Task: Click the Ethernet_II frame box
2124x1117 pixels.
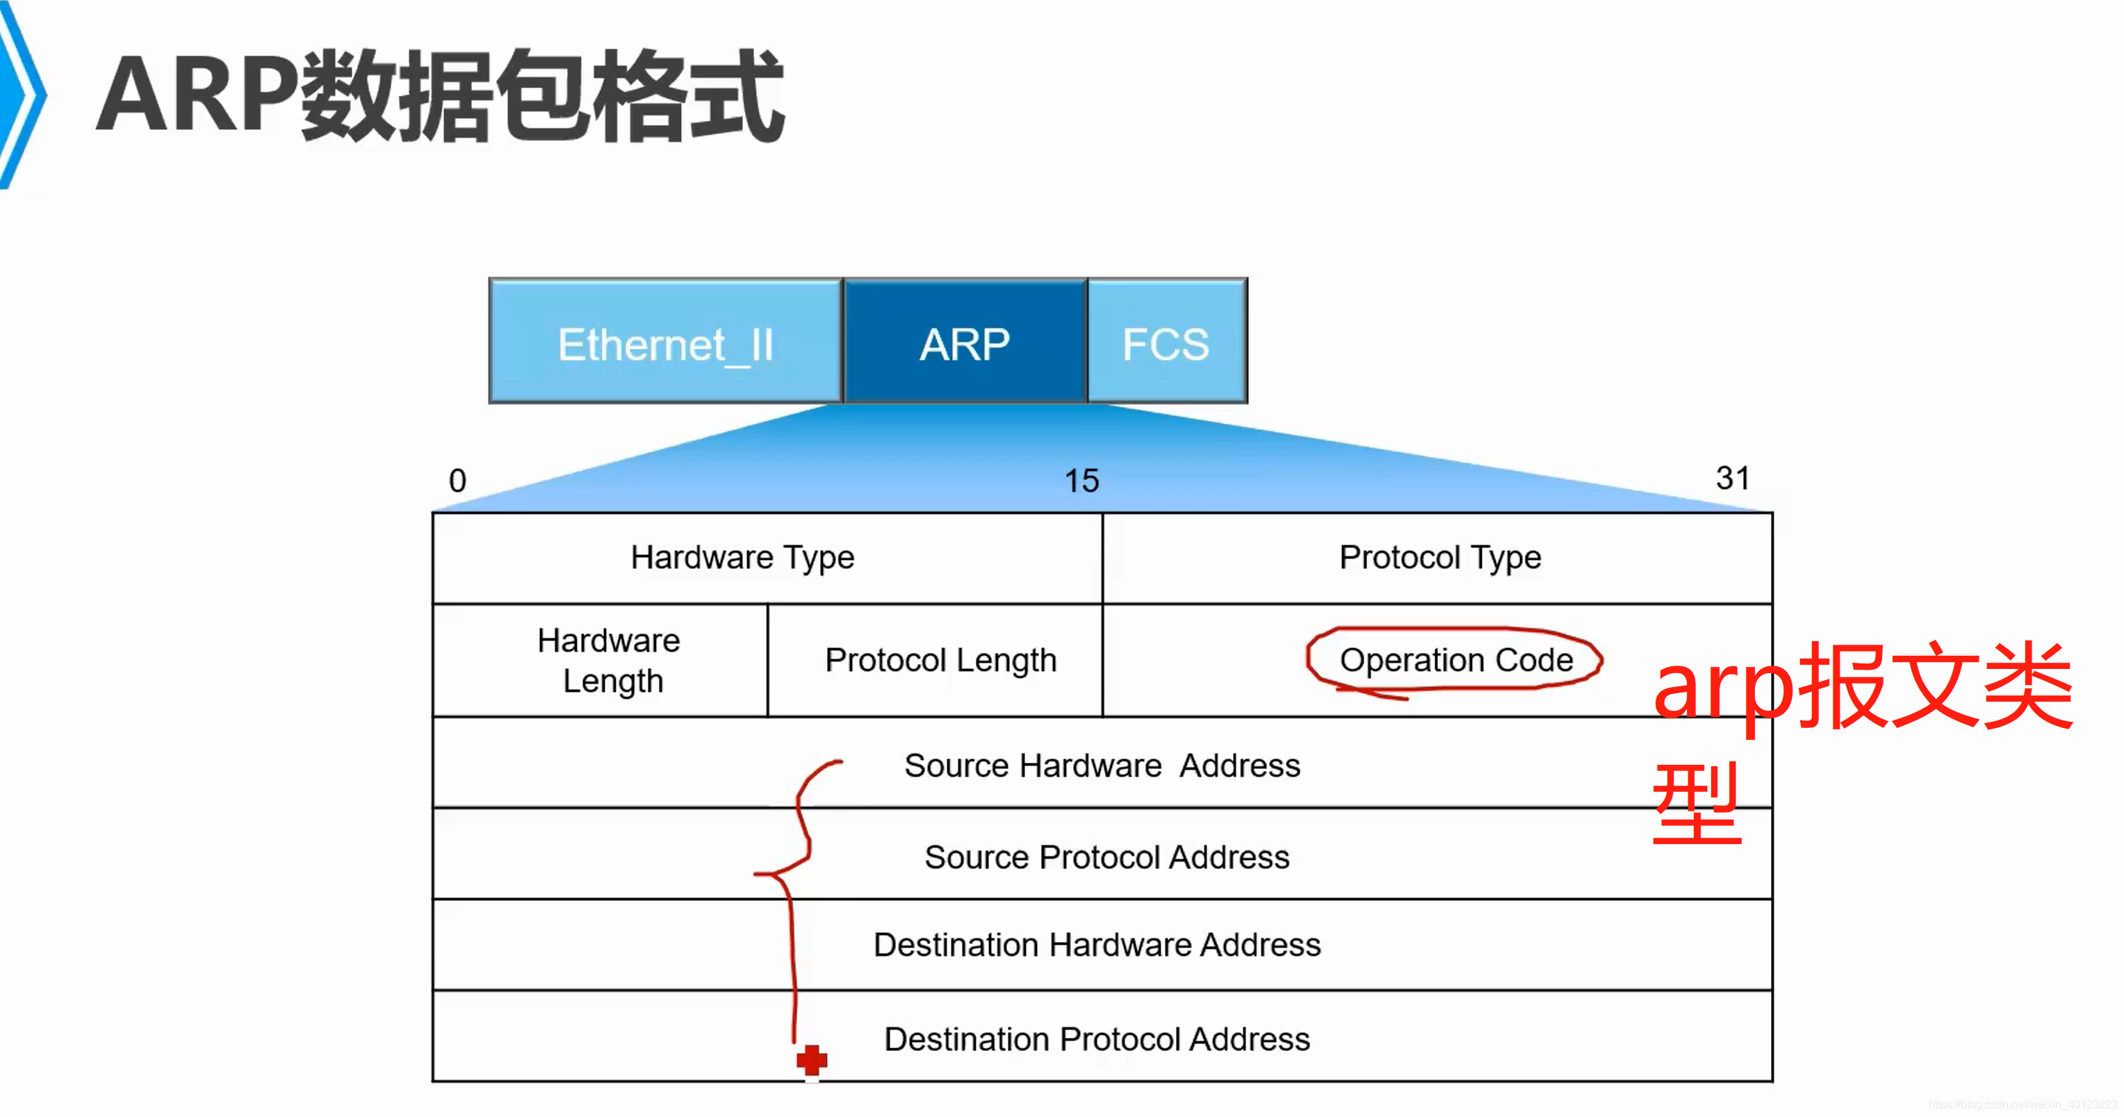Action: (x=665, y=341)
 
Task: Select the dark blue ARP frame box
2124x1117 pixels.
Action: (x=965, y=341)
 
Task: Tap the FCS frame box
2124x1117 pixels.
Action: (x=1166, y=341)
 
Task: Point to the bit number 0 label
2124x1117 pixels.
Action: (x=457, y=481)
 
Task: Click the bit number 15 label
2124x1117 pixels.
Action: (x=1081, y=481)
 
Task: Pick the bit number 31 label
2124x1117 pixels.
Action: (x=1732, y=478)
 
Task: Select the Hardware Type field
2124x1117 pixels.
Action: (x=742, y=558)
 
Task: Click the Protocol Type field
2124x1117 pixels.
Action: (x=1439, y=558)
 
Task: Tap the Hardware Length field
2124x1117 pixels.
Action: (x=609, y=661)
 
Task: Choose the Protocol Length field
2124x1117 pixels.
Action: (x=940, y=661)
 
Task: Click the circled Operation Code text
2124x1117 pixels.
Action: (x=1456, y=661)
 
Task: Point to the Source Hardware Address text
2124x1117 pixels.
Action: (x=1102, y=766)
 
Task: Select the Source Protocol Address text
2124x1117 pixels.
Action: (x=1106, y=857)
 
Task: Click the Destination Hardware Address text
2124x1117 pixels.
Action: (x=1097, y=945)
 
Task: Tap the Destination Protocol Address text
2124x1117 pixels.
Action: (x=1097, y=1039)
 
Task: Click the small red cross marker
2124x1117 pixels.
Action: (x=811, y=1060)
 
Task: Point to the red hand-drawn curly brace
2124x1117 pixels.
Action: (x=793, y=874)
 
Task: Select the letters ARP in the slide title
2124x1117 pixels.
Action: (x=198, y=94)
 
